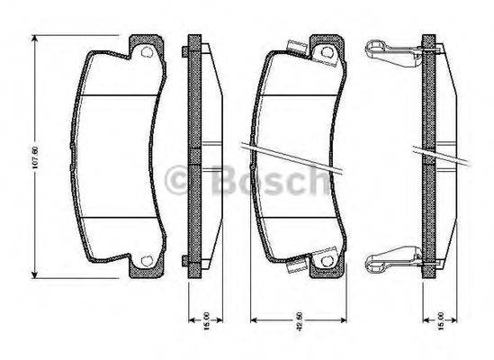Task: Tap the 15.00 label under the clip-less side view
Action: click(207, 321)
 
